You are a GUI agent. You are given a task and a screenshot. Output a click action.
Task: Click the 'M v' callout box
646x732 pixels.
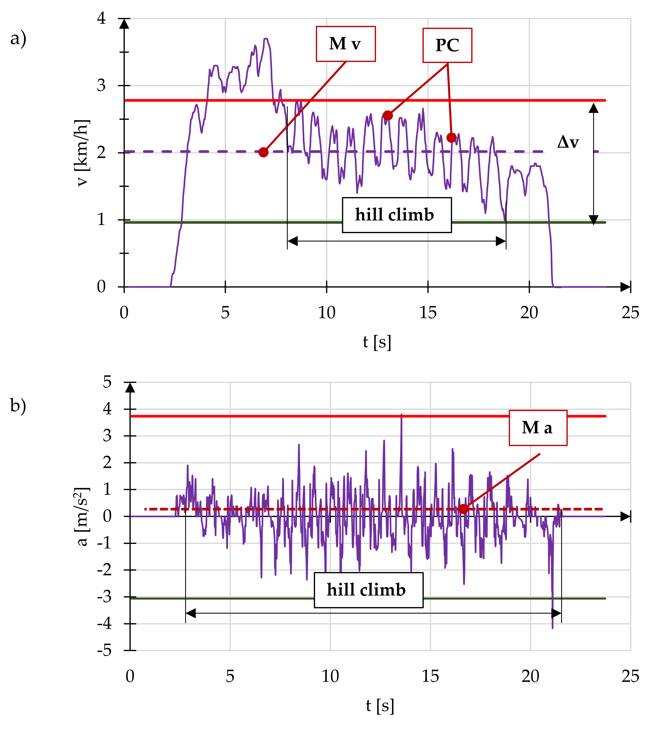pyautogui.click(x=345, y=44)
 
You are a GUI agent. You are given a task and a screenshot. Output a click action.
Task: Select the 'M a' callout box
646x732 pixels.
pyautogui.click(x=538, y=428)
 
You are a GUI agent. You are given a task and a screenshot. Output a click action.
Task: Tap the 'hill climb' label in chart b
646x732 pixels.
pyautogui.click(x=368, y=590)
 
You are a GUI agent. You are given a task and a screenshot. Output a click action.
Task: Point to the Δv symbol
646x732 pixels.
pyautogui.click(x=568, y=142)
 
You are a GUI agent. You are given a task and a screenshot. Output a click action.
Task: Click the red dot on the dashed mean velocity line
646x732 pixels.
pyautogui.click(x=263, y=152)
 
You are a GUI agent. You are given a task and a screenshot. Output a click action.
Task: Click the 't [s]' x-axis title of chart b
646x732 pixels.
pyautogui.click(x=380, y=706)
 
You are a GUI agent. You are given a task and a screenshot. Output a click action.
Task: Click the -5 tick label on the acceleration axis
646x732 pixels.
pyautogui.click(x=104, y=650)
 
